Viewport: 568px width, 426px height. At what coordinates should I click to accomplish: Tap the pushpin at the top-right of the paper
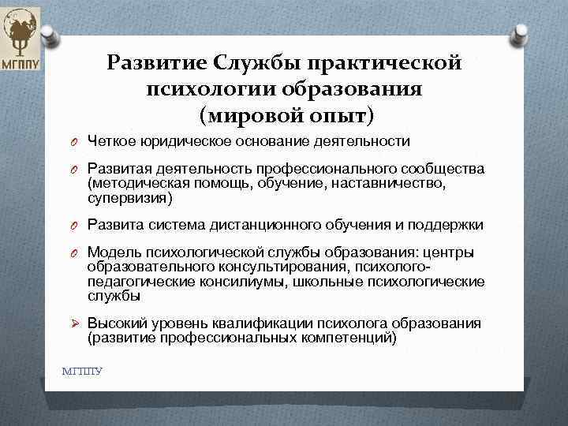521,33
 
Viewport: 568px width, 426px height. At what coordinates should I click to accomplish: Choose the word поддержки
450,225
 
